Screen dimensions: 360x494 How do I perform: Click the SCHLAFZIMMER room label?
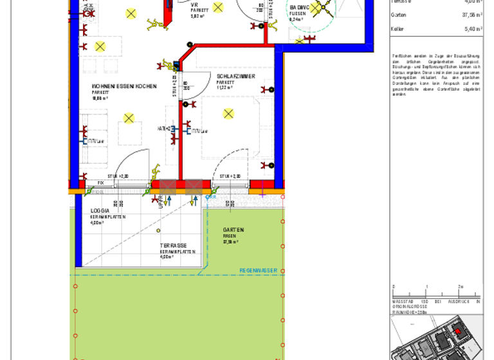pos(235,76)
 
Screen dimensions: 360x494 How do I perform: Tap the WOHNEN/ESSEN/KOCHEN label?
pos(124,86)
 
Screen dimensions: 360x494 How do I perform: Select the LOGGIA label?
pos(100,211)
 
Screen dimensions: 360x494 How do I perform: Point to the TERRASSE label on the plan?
pos(174,246)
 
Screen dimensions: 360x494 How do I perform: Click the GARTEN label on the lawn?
pos(233,230)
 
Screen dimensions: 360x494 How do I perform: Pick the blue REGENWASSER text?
pos(258,271)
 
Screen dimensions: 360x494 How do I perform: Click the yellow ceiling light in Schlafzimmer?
pos(228,114)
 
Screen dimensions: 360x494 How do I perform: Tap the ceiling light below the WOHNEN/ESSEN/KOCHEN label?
pos(129,118)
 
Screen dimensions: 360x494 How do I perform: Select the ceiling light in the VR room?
pos(217,8)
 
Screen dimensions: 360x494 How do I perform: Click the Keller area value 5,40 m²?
pos(473,29)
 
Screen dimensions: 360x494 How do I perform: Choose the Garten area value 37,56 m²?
pos(471,14)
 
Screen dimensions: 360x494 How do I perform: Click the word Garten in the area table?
pos(398,14)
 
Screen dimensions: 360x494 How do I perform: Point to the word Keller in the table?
pos(398,29)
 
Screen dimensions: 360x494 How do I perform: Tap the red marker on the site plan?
pos(458,331)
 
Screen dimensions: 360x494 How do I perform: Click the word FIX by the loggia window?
pos(100,183)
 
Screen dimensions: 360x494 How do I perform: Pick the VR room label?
pos(194,4)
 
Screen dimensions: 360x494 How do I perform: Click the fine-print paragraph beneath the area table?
pos(436,75)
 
